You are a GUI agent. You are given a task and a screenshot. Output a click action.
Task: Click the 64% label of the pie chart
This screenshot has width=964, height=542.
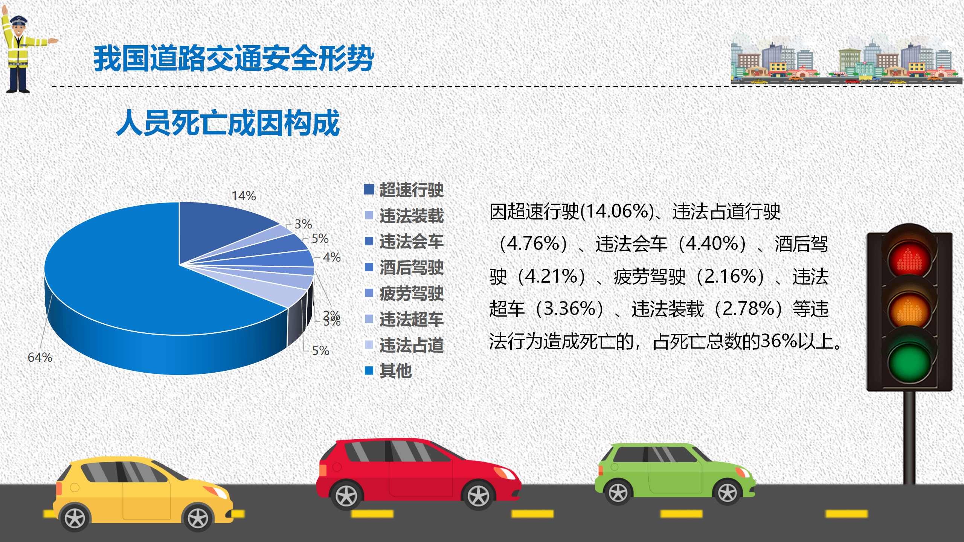(40, 357)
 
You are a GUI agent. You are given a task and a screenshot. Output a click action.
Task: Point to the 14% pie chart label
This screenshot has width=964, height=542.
(244, 196)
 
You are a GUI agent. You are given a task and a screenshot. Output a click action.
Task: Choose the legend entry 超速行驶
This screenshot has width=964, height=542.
(404, 190)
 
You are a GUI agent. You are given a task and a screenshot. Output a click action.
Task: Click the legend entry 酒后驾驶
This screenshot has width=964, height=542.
(404, 268)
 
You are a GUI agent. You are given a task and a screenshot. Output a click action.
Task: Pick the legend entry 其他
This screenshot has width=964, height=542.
(388, 371)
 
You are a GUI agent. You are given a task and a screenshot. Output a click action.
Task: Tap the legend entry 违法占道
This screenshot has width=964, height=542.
(404, 345)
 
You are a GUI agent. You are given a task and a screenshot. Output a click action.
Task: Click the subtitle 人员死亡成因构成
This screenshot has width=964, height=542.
(228, 123)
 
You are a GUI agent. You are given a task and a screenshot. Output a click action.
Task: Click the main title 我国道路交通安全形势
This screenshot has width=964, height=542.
(233, 58)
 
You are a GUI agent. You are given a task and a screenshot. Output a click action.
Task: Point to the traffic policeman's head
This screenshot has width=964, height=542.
(18, 26)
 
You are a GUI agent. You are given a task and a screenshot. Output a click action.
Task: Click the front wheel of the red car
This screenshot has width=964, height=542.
(478, 495)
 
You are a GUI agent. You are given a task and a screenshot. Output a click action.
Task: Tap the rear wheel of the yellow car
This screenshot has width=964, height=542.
(75, 518)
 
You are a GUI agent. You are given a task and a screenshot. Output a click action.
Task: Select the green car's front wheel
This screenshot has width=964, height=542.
(727, 492)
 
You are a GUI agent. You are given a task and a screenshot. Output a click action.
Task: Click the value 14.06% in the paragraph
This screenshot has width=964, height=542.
(617, 211)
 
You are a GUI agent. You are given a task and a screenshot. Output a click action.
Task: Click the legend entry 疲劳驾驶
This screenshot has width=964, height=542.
(404, 294)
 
